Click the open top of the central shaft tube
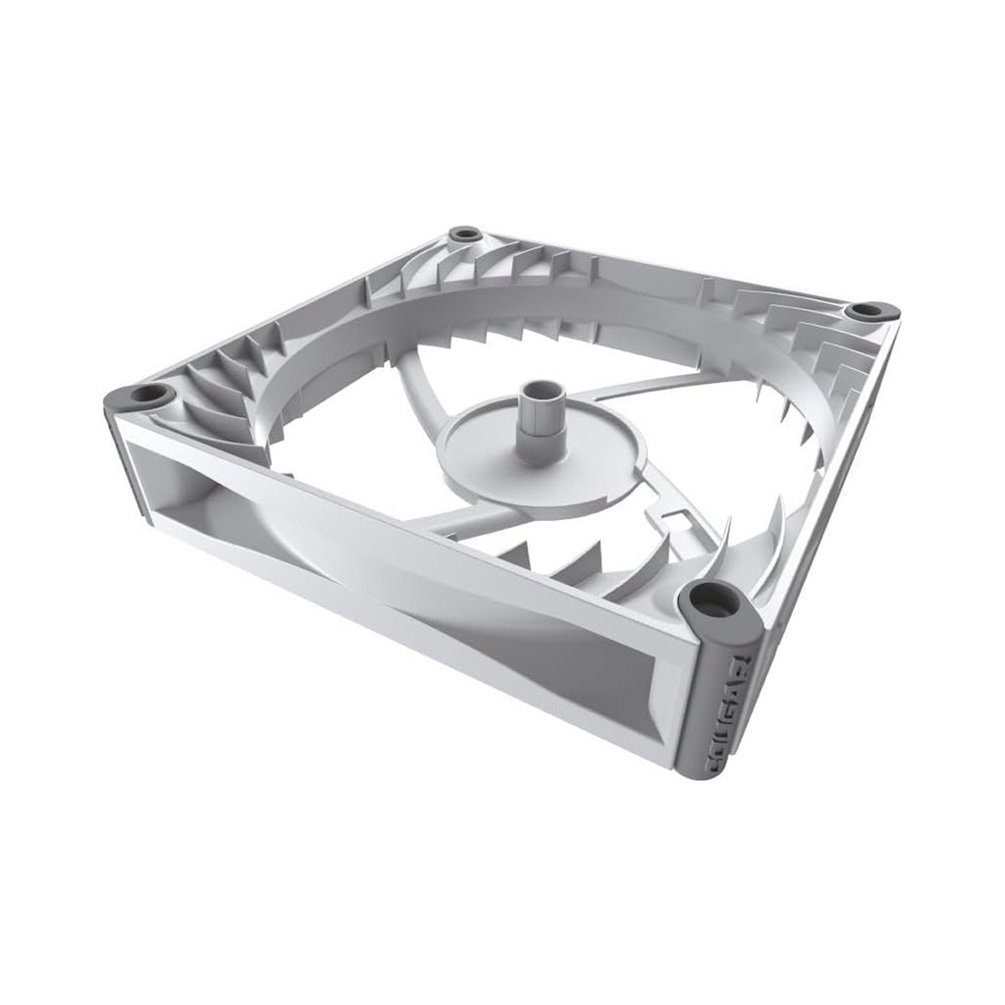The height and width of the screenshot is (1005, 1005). click(x=541, y=391)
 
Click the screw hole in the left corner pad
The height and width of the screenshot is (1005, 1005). click(x=148, y=395)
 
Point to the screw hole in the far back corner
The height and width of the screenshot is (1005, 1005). click(x=464, y=235)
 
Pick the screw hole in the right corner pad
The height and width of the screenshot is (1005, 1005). click(x=868, y=310)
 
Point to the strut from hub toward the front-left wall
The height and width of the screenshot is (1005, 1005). click(x=461, y=518)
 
